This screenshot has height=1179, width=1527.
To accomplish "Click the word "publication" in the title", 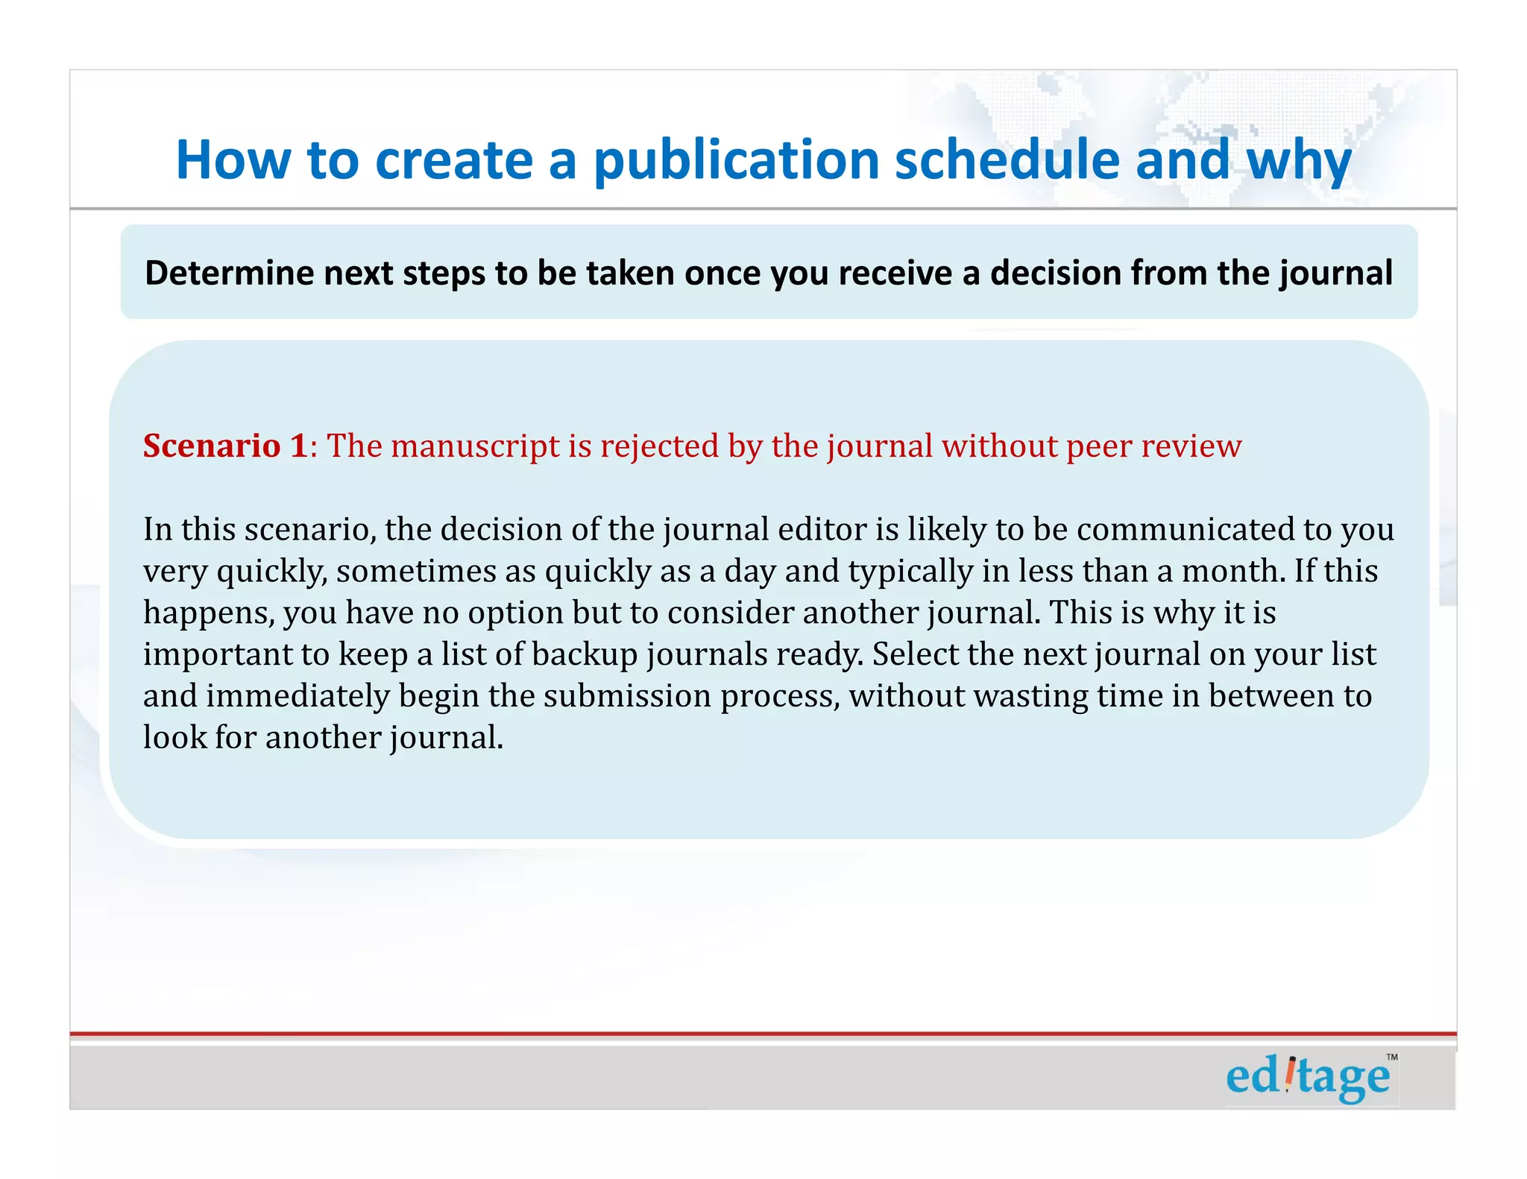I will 737,160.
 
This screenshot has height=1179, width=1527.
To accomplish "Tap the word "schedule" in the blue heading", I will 1007,160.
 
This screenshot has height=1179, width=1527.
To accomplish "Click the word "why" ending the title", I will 1299,160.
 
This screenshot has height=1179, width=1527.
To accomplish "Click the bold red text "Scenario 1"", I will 225,446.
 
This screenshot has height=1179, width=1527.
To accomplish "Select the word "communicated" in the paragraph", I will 1185,530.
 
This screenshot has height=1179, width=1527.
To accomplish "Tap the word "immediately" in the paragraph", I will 297,696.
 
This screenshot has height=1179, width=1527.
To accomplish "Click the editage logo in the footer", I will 1308,1077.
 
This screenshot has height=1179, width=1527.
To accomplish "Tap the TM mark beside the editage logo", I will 1391,1057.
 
